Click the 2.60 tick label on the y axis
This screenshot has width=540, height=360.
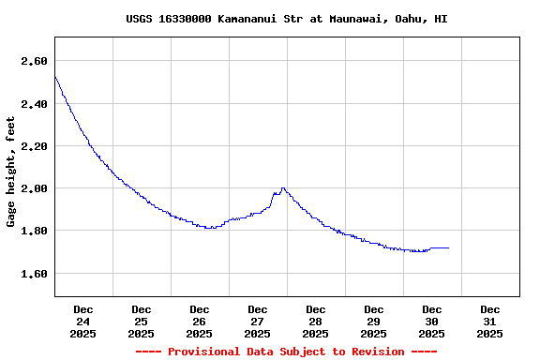34,61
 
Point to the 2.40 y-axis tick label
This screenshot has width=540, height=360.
34,104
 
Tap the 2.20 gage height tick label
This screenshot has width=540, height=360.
34,146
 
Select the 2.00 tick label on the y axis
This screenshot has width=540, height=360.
34,188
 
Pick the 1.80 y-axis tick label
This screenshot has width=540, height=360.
34,231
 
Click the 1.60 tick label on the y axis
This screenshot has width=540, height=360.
34,274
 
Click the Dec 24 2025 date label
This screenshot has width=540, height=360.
83,321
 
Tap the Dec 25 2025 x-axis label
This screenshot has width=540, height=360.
142,321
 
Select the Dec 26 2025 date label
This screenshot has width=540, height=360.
200,321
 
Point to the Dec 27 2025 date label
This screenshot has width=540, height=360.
258,321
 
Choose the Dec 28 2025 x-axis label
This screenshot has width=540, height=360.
316,321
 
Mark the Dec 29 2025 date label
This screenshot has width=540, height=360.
374,321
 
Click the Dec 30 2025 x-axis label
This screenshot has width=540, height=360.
432,321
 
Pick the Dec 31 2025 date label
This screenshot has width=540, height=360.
490,321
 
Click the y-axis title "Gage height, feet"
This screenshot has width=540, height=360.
11,172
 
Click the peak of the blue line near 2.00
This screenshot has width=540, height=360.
283,187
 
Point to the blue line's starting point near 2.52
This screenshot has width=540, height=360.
55,77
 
